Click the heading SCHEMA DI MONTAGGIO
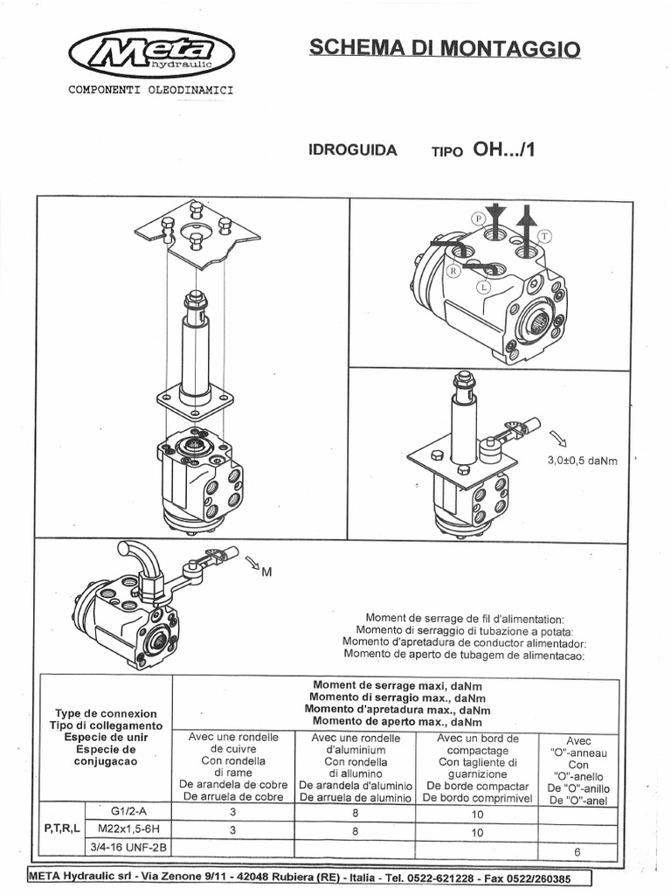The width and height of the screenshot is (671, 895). click(445, 48)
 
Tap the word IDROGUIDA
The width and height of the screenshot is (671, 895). click(353, 150)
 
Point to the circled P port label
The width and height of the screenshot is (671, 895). click(479, 217)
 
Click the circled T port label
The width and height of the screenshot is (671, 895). click(544, 236)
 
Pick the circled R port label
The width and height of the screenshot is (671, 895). click(453, 272)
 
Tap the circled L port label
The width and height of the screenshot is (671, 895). click(482, 287)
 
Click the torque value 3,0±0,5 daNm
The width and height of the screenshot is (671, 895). click(582, 461)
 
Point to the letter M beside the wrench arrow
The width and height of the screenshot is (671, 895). click(266, 572)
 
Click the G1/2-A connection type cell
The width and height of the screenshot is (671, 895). click(129, 810)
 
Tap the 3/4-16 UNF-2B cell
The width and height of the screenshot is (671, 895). click(129, 846)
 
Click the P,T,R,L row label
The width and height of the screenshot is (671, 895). click(62, 828)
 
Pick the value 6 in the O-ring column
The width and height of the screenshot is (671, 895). click(577, 851)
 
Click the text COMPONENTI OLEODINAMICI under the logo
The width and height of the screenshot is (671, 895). click(150, 90)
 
